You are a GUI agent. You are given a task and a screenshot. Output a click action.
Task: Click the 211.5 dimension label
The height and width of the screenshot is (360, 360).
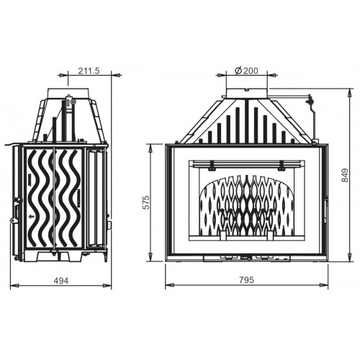pyautogui.click(x=89, y=71)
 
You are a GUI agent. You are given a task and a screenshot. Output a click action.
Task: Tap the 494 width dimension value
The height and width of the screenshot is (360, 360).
pyautogui.click(x=60, y=281)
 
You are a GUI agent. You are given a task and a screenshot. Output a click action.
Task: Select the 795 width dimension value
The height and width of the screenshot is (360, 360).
pyautogui.click(x=246, y=280)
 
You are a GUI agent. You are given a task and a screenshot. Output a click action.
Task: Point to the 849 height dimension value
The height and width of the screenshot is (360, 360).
pyautogui.click(x=344, y=175)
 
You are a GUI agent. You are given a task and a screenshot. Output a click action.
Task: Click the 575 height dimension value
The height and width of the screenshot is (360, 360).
pyautogui.click(x=146, y=202)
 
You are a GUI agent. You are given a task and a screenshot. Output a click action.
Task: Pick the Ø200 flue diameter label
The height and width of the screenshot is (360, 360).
pyautogui.click(x=246, y=71)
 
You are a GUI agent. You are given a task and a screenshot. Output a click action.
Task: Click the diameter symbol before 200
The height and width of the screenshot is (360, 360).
pyautogui.click(x=238, y=71)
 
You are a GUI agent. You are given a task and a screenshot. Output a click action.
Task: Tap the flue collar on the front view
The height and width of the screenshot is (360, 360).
pyautogui.click(x=246, y=93)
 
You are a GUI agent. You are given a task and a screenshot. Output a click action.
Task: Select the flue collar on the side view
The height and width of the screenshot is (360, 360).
pyautogui.click(x=68, y=93)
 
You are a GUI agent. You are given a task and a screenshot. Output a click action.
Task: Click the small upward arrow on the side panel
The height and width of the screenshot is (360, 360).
pyautogui.click(x=30, y=217)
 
